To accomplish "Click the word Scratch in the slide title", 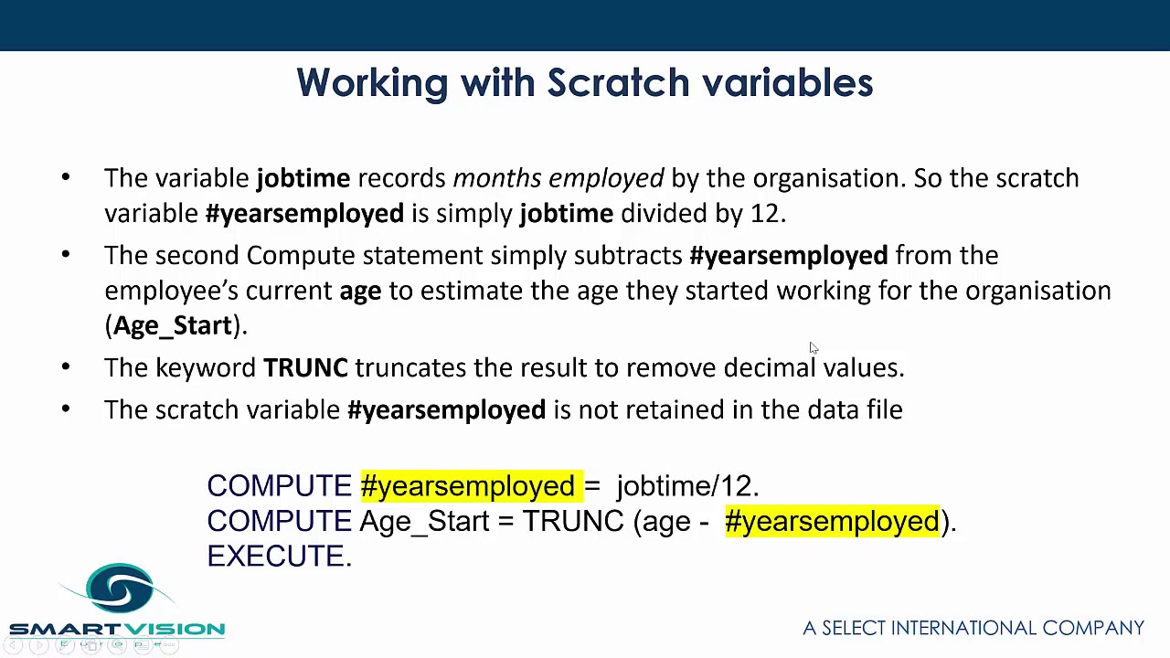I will (619, 83).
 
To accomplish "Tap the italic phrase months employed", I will (558, 178).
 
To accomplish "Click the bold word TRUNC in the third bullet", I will (305, 367).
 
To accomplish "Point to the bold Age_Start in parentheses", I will (173, 326).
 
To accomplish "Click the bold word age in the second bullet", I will (360, 292).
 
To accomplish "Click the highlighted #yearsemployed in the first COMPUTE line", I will (468, 486).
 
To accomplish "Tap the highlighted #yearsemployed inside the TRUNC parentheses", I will (832, 522).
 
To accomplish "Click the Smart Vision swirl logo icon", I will (120, 588).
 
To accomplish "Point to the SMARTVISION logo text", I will (117, 629).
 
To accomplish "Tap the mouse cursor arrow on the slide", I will (813, 347).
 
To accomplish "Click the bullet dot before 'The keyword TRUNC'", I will (66, 367).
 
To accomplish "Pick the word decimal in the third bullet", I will (769, 367).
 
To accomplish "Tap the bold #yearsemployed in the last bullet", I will (446, 410).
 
